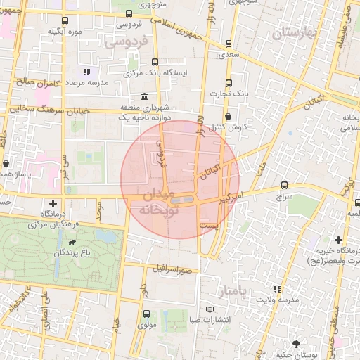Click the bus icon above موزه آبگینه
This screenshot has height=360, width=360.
pos(65,21)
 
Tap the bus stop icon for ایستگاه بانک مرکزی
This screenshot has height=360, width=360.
pos(155,62)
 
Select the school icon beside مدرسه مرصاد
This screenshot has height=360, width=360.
pos(86,72)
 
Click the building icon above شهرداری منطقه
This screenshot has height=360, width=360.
pos(144,96)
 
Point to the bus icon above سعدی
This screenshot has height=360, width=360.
pos(229,42)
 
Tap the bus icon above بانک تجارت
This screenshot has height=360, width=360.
pos(229,81)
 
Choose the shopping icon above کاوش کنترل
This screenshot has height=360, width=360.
pos(229,117)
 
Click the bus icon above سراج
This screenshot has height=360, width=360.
pos(284,186)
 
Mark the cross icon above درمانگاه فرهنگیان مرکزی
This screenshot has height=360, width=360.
pos(53,202)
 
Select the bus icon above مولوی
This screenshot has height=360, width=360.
pos(146,314)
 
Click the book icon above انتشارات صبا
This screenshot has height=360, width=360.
pos(209,309)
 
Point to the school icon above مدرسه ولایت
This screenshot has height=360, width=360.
pos(278,288)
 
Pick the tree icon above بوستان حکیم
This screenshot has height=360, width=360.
pos(296,344)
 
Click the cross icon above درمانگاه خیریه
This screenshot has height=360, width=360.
pos(340,240)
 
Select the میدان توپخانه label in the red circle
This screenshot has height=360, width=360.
pos(155,201)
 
